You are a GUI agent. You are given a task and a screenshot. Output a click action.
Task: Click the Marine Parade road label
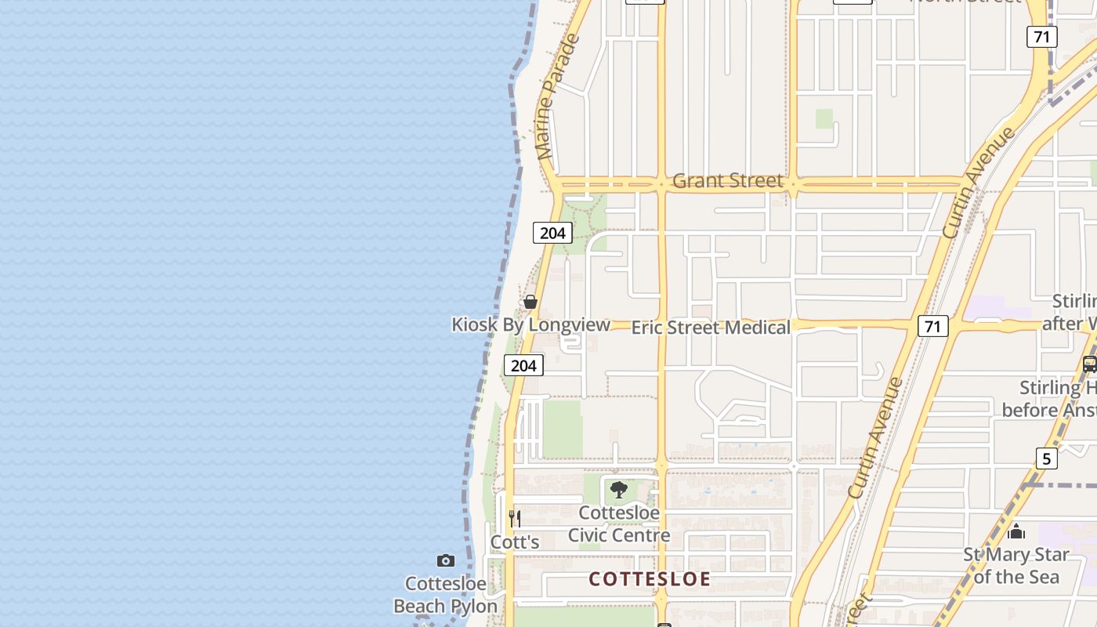(558, 97)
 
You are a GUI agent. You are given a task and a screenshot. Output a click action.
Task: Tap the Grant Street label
(727, 181)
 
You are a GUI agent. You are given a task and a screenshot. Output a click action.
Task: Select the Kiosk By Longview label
(530, 324)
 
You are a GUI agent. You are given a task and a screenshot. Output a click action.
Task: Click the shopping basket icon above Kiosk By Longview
(530, 302)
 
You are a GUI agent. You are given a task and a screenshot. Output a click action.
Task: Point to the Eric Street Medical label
(711, 328)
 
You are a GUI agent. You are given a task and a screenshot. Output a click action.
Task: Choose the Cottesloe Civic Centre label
(619, 524)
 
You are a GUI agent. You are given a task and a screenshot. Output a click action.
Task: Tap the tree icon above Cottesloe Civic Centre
(619, 491)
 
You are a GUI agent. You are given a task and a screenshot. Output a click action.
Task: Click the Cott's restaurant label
(515, 542)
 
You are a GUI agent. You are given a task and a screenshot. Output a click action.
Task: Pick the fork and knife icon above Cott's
(515, 518)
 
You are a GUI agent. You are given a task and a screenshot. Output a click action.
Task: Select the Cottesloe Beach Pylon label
(445, 595)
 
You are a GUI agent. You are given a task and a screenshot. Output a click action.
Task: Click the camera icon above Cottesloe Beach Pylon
(446, 560)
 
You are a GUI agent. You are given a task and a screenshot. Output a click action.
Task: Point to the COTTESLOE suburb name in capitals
(650, 579)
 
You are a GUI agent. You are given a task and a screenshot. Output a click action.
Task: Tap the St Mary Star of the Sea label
(1016, 566)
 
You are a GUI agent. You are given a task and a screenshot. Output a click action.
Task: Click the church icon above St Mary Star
(1016, 532)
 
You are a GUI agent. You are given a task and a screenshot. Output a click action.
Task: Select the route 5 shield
(1046, 458)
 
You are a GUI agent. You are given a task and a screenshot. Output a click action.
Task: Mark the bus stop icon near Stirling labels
(1089, 364)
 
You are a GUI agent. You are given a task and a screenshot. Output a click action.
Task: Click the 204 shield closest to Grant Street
(552, 233)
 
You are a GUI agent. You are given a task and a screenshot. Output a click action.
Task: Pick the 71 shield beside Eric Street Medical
(932, 326)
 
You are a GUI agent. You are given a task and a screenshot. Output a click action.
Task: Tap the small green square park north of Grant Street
(824, 118)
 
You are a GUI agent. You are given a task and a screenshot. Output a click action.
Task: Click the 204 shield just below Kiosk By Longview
(523, 365)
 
